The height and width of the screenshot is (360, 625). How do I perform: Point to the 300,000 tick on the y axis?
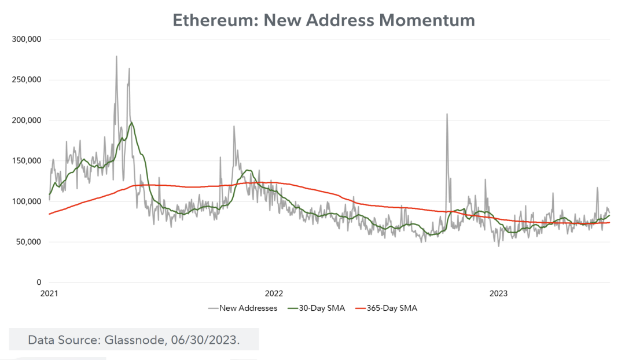(x=27, y=39)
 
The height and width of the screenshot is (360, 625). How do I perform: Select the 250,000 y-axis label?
(x=27, y=80)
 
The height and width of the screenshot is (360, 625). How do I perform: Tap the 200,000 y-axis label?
(x=27, y=120)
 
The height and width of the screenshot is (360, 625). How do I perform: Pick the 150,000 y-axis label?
(x=27, y=161)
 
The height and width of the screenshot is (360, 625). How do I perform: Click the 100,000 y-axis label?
(x=27, y=201)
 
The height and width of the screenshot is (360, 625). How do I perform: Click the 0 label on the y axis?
(x=39, y=282)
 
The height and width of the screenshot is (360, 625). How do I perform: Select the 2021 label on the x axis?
(x=50, y=293)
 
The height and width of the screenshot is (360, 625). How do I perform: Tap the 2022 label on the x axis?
(x=274, y=293)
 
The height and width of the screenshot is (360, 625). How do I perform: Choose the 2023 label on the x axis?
(x=498, y=293)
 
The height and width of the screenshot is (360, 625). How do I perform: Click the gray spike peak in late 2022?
(x=447, y=114)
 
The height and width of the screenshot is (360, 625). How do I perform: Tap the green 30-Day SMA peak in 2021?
(x=132, y=123)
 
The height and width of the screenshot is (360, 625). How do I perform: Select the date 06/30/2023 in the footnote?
(x=205, y=340)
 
